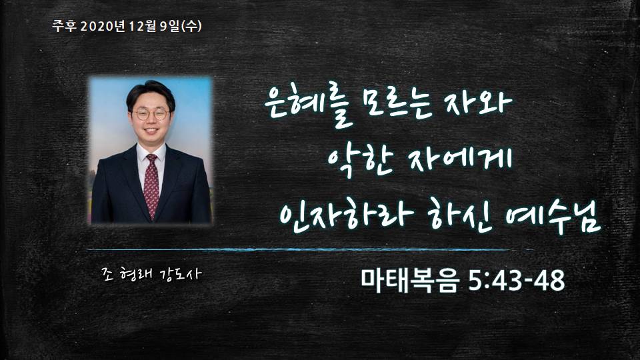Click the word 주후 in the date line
click(x=65, y=26)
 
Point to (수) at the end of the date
click(x=191, y=26)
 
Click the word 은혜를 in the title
click(x=308, y=107)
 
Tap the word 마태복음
click(x=410, y=281)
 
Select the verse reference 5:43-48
click(x=517, y=281)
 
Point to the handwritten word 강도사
click(x=179, y=274)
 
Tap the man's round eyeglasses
click(x=151, y=114)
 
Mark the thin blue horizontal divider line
click(x=310, y=249)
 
